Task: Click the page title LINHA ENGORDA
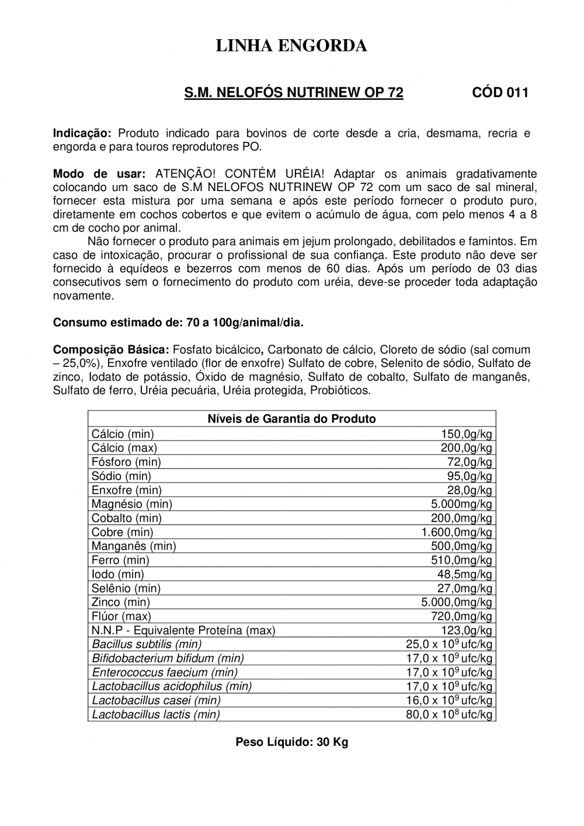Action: tap(291, 46)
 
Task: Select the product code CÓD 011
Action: tap(500, 93)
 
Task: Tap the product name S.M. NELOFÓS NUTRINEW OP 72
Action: tap(294, 93)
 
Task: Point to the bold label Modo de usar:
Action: tap(99, 174)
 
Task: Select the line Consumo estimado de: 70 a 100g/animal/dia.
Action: tap(178, 322)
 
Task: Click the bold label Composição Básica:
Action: tap(111, 350)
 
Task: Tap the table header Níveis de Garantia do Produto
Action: tap(291, 419)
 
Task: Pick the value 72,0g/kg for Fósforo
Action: tap(470, 462)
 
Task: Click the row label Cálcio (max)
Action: tap(124, 448)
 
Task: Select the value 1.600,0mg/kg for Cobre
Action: tap(457, 532)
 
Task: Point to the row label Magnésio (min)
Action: tap(132, 504)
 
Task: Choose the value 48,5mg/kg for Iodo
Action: tap(465, 574)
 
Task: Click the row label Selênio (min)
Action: tap(126, 588)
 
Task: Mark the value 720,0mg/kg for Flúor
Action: tap(461, 616)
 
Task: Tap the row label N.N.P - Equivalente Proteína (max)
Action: tap(183, 630)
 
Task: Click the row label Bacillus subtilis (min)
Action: tap(147, 644)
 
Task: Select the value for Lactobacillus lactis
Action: tap(449, 714)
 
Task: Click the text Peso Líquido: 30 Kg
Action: tap(291, 742)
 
